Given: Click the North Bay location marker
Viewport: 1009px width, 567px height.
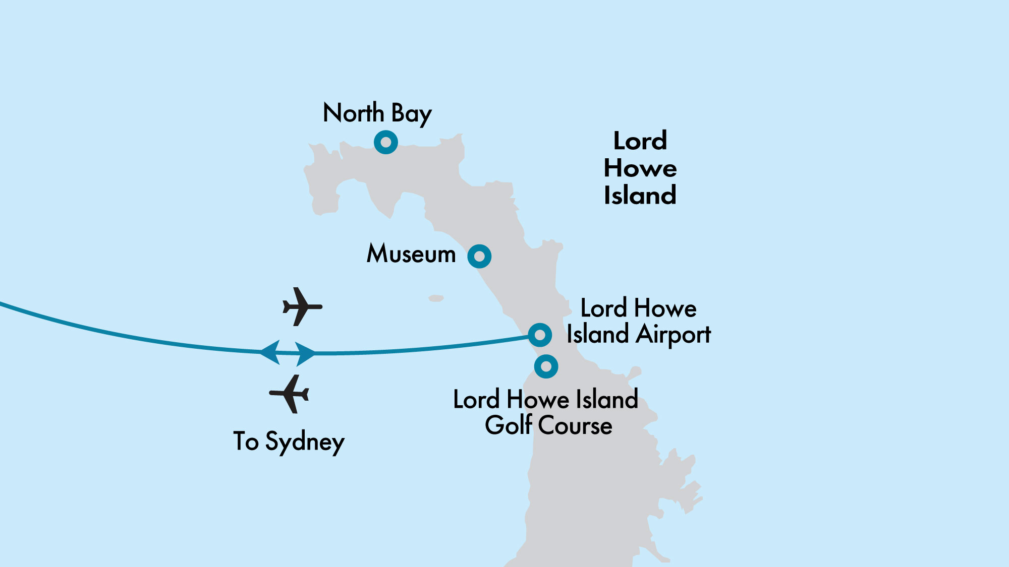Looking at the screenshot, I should click(x=386, y=142).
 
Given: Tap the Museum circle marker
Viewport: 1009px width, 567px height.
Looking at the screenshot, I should click(x=479, y=256).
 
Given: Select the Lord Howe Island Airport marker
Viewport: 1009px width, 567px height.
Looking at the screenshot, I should click(x=540, y=335).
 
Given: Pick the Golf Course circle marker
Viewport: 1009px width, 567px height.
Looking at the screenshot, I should click(x=546, y=366).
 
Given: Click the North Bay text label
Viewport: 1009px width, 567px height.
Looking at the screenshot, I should click(x=377, y=113).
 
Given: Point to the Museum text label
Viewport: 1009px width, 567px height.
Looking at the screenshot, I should click(x=411, y=254).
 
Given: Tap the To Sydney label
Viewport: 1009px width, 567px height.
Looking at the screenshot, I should click(x=289, y=442).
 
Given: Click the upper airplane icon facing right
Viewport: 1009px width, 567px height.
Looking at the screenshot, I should click(x=302, y=306).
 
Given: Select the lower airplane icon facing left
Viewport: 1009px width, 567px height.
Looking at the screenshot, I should click(x=290, y=394).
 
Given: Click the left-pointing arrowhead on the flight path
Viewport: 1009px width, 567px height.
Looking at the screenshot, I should click(x=270, y=352).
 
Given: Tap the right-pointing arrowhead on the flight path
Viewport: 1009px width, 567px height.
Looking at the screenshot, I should click(x=305, y=353).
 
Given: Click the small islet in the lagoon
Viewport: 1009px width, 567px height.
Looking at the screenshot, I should click(x=436, y=298).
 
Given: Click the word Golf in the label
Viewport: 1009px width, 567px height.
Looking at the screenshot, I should click(x=509, y=425).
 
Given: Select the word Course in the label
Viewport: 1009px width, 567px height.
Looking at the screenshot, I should click(x=576, y=425).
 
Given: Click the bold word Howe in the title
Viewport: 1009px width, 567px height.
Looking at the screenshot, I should click(x=640, y=168).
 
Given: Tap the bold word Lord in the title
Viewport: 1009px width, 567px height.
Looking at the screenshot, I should click(x=640, y=141).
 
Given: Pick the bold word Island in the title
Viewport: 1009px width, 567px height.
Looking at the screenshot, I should click(x=640, y=196).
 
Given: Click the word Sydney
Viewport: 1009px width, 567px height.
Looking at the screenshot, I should click(x=305, y=443).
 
